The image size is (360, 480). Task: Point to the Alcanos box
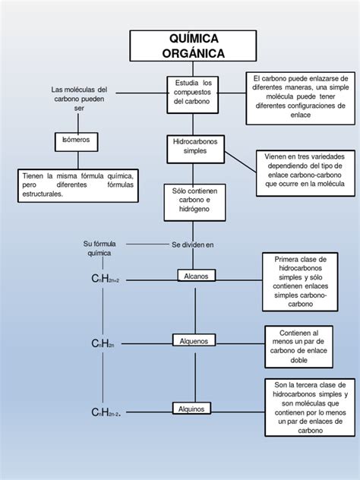(197, 276)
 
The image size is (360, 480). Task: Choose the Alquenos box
(195, 341)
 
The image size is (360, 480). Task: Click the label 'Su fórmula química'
(98, 248)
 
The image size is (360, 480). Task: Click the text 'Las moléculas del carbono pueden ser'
(80, 99)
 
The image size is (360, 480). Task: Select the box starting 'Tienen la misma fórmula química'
(78, 185)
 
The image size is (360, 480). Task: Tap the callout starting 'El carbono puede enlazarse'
(300, 96)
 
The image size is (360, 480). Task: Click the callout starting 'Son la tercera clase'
(310, 408)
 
